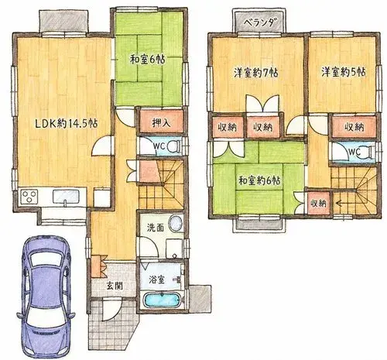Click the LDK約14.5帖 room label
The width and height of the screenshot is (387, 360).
click(x=66, y=124)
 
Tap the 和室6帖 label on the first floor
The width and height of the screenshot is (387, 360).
click(x=148, y=60)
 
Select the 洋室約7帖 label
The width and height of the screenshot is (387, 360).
click(x=255, y=73)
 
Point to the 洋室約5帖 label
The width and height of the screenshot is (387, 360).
click(x=343, y=72)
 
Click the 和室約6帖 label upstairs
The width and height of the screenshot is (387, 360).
click(x=259, y=180)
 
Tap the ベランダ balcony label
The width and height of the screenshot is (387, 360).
click(x=259, y=23)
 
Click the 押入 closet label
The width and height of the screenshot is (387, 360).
click(x=161, y=123)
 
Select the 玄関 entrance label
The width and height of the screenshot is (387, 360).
click(x=115, y=286)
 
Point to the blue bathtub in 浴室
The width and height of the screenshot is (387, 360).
click(x=162, y=300)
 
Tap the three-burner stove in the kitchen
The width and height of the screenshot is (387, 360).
click(x=29, y=197)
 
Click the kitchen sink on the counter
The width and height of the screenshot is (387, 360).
click(x=66, y=197)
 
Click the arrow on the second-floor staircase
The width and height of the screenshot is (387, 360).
click(x=341, y=204)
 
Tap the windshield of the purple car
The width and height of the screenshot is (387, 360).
click(x=46, y=259)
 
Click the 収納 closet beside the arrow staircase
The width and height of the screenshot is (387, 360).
click(x=319, y=204)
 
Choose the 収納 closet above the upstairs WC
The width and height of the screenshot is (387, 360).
click(x=354, y=127)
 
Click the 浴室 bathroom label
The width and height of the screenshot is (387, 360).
click(x=156, y=279)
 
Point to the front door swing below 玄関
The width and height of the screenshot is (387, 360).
click(x=113, y=309)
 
